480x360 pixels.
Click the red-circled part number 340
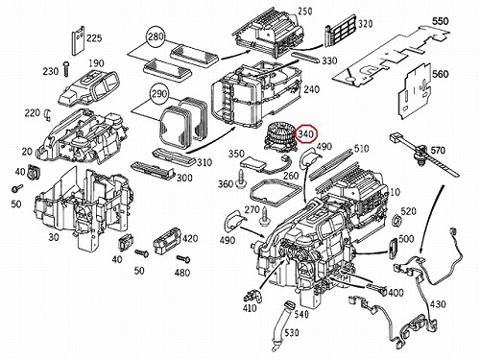306,134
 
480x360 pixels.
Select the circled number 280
156,36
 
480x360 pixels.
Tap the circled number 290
159,94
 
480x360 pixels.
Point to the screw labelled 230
67,69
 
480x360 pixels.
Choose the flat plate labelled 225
77,41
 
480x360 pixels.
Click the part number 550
441,22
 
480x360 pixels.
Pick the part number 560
441,74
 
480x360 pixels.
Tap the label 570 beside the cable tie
438,150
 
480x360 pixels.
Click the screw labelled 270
265,215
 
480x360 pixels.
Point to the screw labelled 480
182,258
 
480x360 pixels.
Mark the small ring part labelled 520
396,221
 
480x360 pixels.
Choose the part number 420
190,239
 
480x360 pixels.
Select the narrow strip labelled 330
305,57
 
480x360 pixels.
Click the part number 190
96,63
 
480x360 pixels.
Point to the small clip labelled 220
49,114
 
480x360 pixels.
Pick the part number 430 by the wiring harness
438,304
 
